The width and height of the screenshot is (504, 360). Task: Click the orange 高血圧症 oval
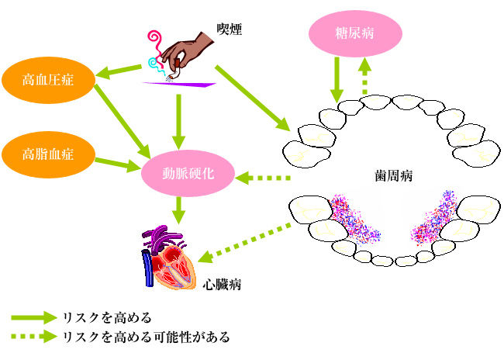pos(48,80)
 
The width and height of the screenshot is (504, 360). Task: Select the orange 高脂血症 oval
pos(48,154)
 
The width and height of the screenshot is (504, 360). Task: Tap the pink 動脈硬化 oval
pos(188,173)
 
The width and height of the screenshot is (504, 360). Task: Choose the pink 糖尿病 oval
pos(355,33)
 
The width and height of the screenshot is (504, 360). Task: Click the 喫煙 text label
pos(229,30)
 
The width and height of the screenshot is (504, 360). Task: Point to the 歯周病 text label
pos(393,176)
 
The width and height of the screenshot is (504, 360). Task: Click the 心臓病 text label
pos(222,285)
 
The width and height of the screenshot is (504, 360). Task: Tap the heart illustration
pos(168,257)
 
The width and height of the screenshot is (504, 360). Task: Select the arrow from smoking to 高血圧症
pos(119,72)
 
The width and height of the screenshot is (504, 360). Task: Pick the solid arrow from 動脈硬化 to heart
pos(178,210)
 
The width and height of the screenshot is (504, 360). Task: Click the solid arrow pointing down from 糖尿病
pos(337,80)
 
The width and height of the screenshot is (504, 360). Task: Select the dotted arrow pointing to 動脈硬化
pos(263,178)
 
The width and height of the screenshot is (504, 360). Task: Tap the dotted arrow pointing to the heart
pos(244,244)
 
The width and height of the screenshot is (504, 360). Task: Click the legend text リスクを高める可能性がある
pos(147,337)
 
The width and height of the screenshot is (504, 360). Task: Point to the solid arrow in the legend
pos(34,318)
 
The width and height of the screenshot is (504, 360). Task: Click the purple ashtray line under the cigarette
pos(179,85)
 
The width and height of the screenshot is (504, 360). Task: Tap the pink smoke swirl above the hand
pos(155,43)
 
